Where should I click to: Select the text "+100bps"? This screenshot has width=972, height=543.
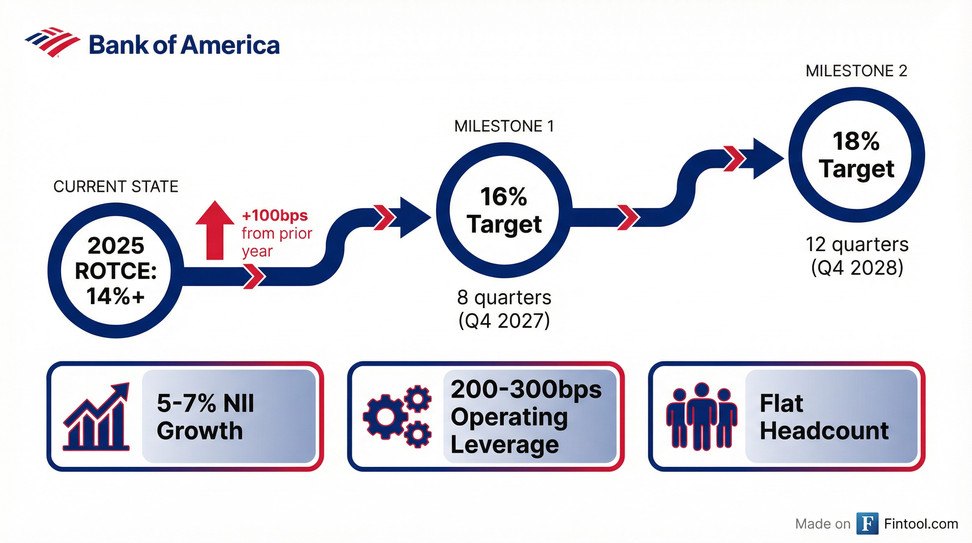275,216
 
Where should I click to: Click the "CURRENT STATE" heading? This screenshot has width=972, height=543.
115,187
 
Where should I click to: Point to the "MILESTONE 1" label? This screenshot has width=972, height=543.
504,126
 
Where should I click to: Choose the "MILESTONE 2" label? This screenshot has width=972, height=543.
856,71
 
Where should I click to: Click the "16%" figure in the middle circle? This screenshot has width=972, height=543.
503,197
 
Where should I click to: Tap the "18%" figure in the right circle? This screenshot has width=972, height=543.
856,141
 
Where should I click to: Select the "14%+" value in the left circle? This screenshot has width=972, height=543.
115,296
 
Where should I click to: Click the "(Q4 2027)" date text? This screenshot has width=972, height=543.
504,321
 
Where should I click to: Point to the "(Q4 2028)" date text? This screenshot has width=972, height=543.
857,268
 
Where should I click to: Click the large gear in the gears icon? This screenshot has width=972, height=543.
385,416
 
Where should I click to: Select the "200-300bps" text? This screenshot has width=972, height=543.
526,389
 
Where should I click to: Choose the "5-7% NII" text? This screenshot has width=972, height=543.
205,403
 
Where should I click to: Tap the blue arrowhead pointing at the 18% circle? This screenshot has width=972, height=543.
767,158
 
